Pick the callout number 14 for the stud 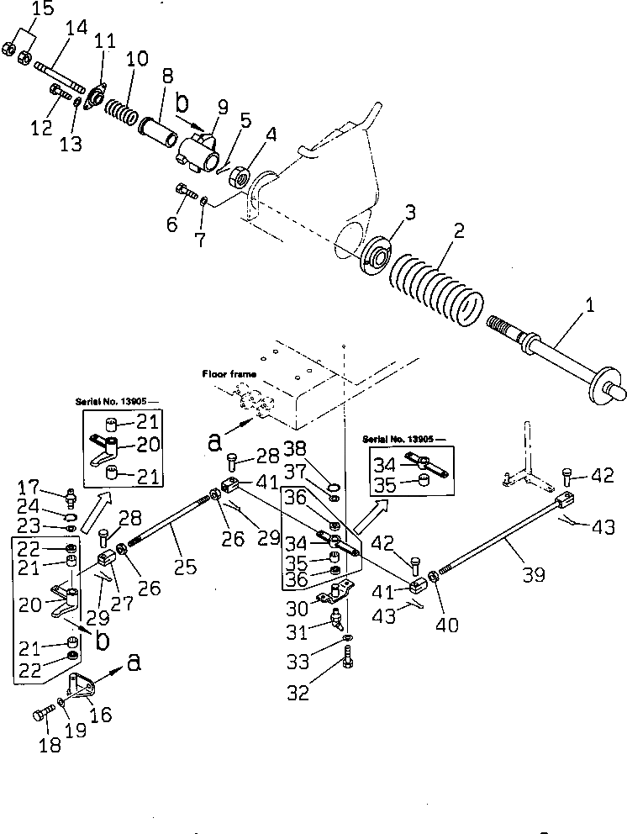(x=78, y=28)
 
